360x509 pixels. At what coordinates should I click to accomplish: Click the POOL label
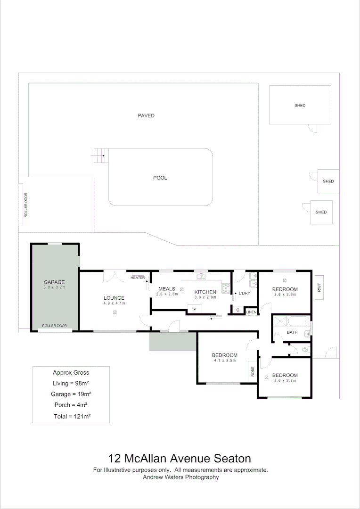160,178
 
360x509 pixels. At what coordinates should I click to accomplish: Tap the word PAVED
146,115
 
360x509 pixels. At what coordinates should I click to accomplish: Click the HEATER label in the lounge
138,278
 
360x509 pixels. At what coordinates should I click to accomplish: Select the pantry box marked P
195,309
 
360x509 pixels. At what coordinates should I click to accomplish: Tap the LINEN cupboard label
251,312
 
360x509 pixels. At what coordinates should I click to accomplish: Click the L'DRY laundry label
244,293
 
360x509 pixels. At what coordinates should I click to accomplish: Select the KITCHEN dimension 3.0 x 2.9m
205,297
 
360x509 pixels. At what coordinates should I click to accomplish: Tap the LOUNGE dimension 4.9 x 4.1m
114,303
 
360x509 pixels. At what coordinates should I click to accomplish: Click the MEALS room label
167,288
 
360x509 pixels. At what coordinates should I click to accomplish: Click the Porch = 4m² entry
71,405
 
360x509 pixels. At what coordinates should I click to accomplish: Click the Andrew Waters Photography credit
181,477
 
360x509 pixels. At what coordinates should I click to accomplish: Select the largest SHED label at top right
300,106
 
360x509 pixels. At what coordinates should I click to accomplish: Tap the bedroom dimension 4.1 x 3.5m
224,361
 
